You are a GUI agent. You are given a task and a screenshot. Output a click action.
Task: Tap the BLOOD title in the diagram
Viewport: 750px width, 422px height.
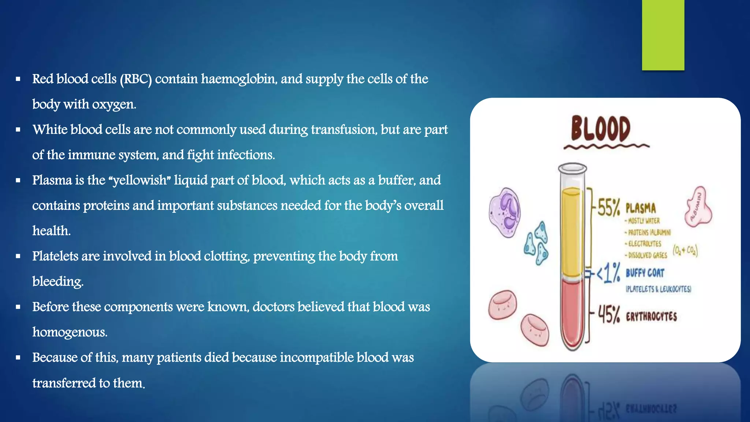click(x=601, y=129)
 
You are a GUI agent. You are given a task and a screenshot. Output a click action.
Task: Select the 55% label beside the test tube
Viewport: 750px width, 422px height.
click(x=609, y=208)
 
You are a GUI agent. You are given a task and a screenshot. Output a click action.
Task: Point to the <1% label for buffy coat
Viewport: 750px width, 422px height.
click(x=608, y=273)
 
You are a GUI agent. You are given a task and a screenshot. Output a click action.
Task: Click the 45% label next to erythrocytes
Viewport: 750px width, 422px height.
click(x=609, y=315)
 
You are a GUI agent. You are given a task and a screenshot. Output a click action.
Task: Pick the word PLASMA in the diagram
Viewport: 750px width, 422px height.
click(x=641, y=208)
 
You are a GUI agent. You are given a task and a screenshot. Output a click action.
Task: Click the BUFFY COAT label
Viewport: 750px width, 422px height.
click(x=645, y=273)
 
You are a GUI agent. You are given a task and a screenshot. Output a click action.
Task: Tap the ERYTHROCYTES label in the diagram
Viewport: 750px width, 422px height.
click(x=651, y=316)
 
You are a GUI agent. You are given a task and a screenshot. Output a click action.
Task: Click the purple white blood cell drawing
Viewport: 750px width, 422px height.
click(x=505, y=212)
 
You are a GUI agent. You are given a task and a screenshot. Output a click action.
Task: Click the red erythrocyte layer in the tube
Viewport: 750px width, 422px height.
click(x=572, y=311)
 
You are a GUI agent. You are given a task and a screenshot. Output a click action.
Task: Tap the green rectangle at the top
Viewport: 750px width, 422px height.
click(x=663, y=35)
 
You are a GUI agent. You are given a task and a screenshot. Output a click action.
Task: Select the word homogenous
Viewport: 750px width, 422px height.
click(x=70, y=332)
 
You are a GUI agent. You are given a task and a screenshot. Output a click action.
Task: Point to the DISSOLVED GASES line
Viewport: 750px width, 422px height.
click(x=647, y=255)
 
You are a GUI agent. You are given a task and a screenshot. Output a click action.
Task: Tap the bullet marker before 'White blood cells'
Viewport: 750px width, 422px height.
click(x=18, y=130)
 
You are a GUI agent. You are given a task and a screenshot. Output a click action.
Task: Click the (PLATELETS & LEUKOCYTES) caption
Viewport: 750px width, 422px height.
click(x=658, y=289)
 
